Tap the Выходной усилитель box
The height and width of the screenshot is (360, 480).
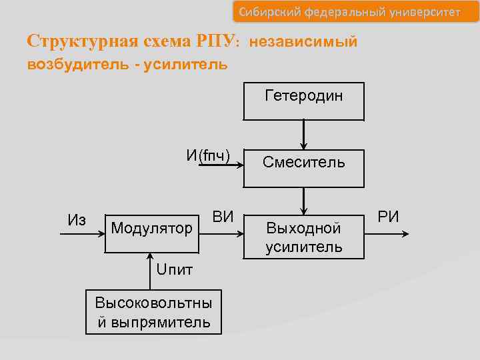[x=303, y=237]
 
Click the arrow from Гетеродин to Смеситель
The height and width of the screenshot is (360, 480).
[x=304, y=133]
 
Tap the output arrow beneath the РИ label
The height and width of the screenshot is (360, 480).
[x=388, y=233]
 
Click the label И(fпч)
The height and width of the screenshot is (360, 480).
[x=208, y=156]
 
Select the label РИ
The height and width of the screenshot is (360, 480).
[x=389, y=216]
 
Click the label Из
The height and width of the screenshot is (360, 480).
[x=77, y=220]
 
